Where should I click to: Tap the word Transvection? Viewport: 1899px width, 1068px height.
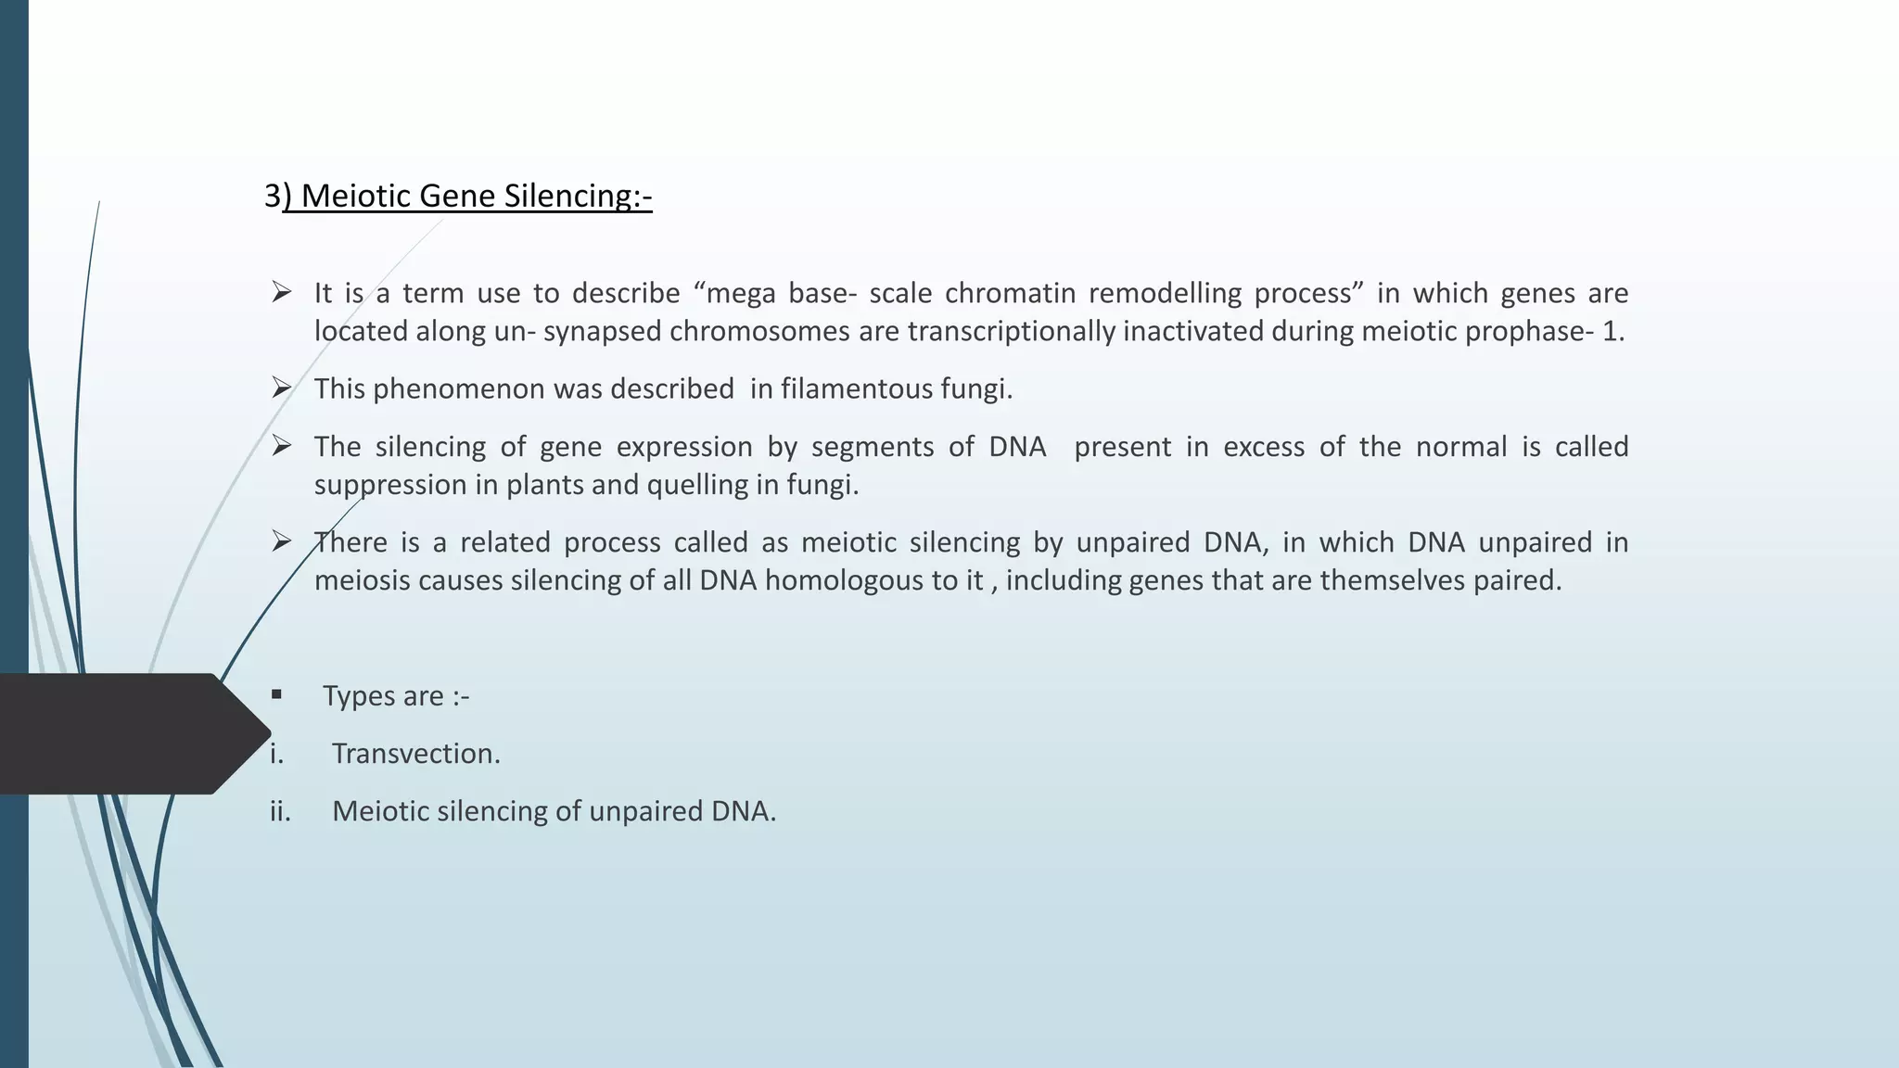click(415, 754)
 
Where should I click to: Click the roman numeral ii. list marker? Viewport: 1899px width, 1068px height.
click(280, 811)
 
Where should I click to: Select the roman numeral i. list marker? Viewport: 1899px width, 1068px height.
click(276, 754)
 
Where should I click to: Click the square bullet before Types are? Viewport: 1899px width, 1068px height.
click(276, 694)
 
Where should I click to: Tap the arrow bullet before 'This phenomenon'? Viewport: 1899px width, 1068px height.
click(282, 388)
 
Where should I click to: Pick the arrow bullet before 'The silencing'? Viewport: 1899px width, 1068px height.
click(282, 446)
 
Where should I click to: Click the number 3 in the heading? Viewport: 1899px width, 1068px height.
click(273, 196)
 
